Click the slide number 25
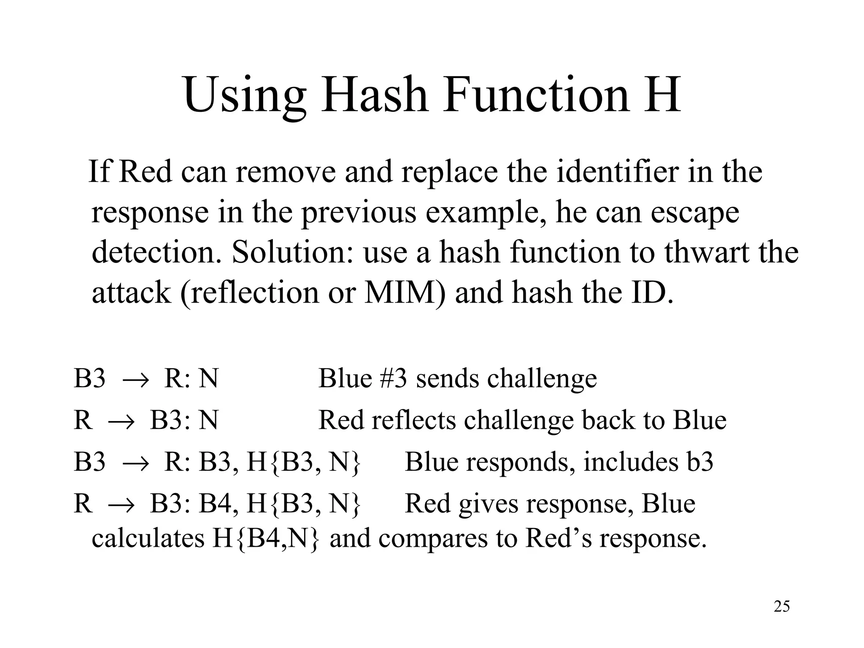(x=782, y=606)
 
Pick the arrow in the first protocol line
(x=135, y=378)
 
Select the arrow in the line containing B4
(x=121, y=504)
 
